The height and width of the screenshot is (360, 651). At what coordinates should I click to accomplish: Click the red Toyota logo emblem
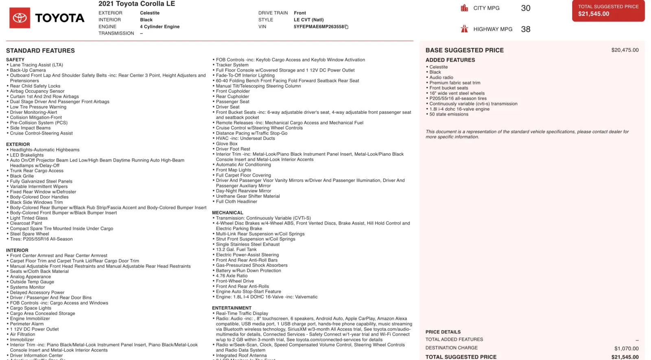point(20,18)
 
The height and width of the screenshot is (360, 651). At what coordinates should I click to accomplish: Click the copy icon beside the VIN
point(347,27)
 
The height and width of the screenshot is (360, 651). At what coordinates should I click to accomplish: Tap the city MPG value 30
point(526,8)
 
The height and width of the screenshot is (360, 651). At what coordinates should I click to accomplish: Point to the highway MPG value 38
point(526,29)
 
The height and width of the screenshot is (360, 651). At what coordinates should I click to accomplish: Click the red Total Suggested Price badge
point(608,11)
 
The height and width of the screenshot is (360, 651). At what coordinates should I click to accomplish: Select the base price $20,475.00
point(625,50)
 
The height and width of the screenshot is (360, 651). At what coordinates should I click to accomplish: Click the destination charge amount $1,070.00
point(626,349)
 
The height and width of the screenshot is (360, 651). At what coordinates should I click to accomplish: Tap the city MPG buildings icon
point(464,8)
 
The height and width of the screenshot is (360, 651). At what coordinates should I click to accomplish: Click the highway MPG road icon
point(464,29)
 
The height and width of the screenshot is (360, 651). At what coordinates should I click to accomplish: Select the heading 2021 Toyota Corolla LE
point(137,4)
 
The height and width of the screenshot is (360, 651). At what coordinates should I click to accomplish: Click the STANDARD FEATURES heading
point(40,51)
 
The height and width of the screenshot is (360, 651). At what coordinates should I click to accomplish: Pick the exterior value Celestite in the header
point(150,13)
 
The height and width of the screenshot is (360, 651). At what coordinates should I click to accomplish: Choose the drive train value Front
point(300,13)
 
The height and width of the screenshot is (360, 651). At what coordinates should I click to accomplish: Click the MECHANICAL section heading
point(227,213)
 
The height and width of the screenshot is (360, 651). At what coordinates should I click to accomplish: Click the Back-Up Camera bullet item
point(28,70)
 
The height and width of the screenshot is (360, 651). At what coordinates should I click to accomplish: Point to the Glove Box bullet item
point(227,144)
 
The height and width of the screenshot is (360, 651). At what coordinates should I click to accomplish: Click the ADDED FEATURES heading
point(450,60)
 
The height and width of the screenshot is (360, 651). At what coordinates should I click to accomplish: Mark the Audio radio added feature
point(441,78)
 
